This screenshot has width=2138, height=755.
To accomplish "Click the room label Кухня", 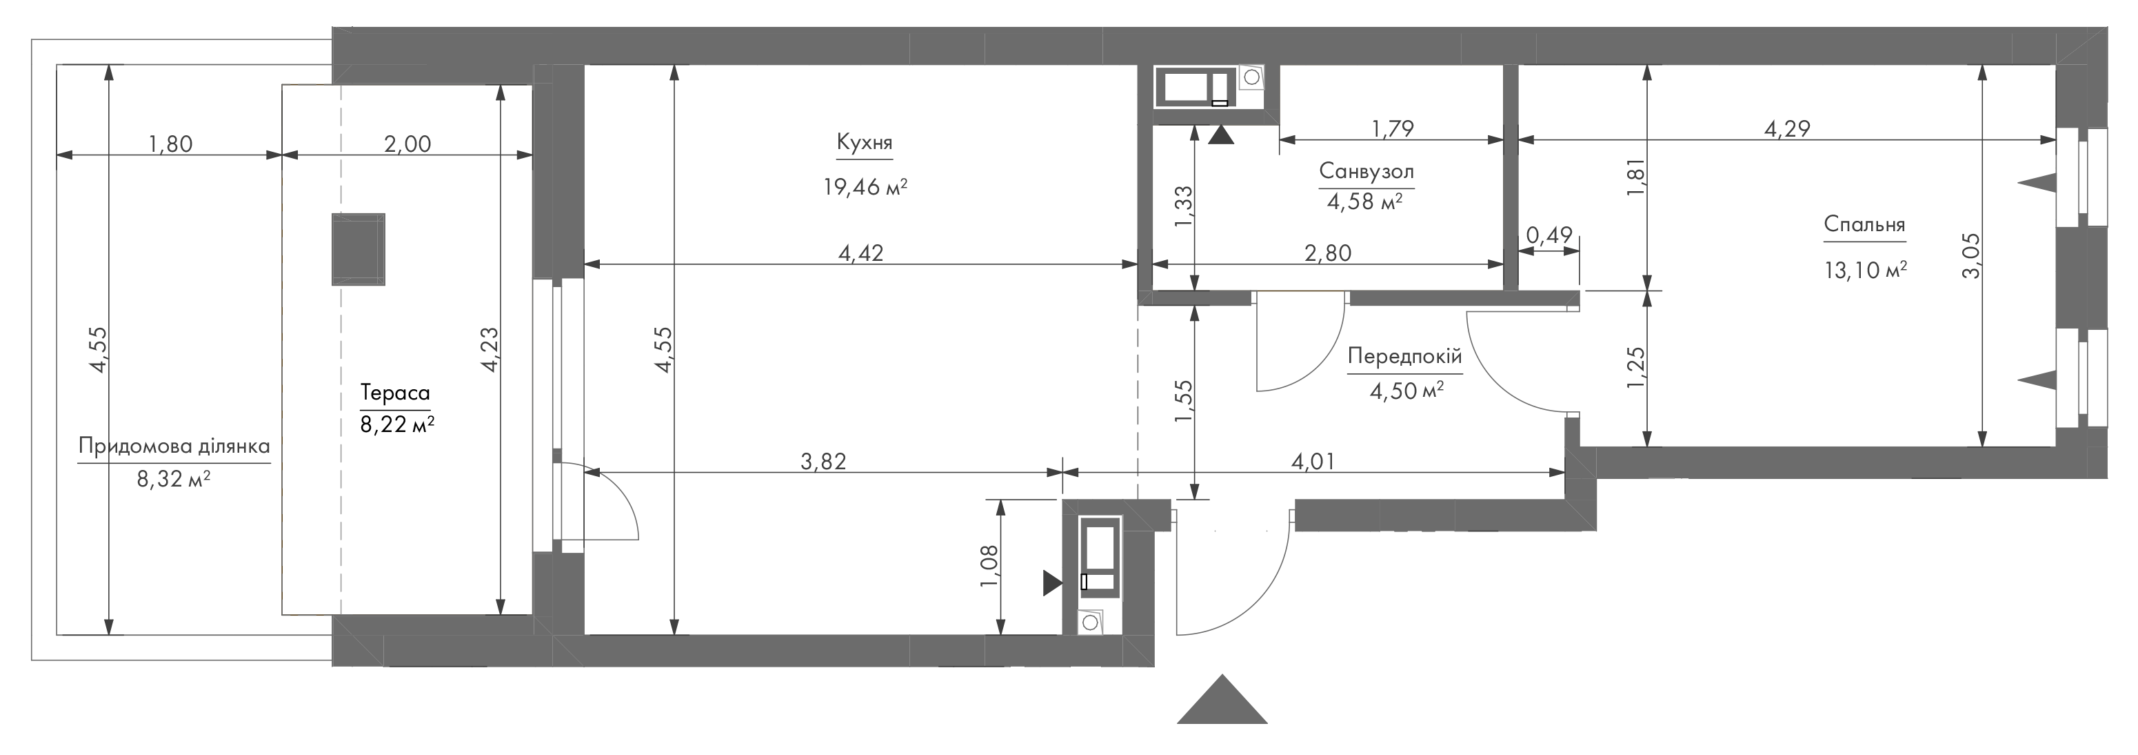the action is (x=864, y=143).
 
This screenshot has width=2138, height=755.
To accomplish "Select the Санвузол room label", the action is (x=1366, y=172).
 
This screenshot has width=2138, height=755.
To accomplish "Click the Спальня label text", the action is (x=1864, y=225).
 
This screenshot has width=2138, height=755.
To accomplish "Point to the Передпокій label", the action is (x=1404, y=356).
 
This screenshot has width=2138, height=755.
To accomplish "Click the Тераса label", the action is (x=395, y=392).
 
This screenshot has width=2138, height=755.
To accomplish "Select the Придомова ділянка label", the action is (x=174, y=446).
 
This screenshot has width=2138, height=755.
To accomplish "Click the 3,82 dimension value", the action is (x=823, y=462).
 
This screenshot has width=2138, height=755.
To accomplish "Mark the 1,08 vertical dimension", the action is (x=990, y=567).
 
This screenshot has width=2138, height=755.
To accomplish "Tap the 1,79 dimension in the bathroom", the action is (x=1392, y=129).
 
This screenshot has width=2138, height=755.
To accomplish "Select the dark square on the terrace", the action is (x=359, y=249).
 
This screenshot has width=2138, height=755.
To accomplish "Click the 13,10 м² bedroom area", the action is (x=1865, y=270).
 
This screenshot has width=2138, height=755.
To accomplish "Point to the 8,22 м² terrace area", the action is (x=396, y=424).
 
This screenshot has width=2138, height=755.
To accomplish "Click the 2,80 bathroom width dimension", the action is (x=1328, y=253).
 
